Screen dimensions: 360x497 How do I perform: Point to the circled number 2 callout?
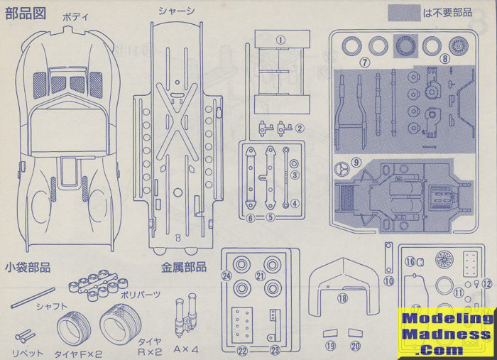click(300, 129)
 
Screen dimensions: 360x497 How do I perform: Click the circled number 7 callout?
click(365, 62)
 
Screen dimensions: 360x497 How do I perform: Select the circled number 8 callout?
click(445, 60)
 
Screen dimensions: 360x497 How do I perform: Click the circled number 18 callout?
click(342, 298)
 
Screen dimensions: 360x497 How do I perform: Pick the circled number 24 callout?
click(226, 276)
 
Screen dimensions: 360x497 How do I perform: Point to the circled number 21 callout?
click(260, 276)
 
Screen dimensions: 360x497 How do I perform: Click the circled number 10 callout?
click(388, 281)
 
